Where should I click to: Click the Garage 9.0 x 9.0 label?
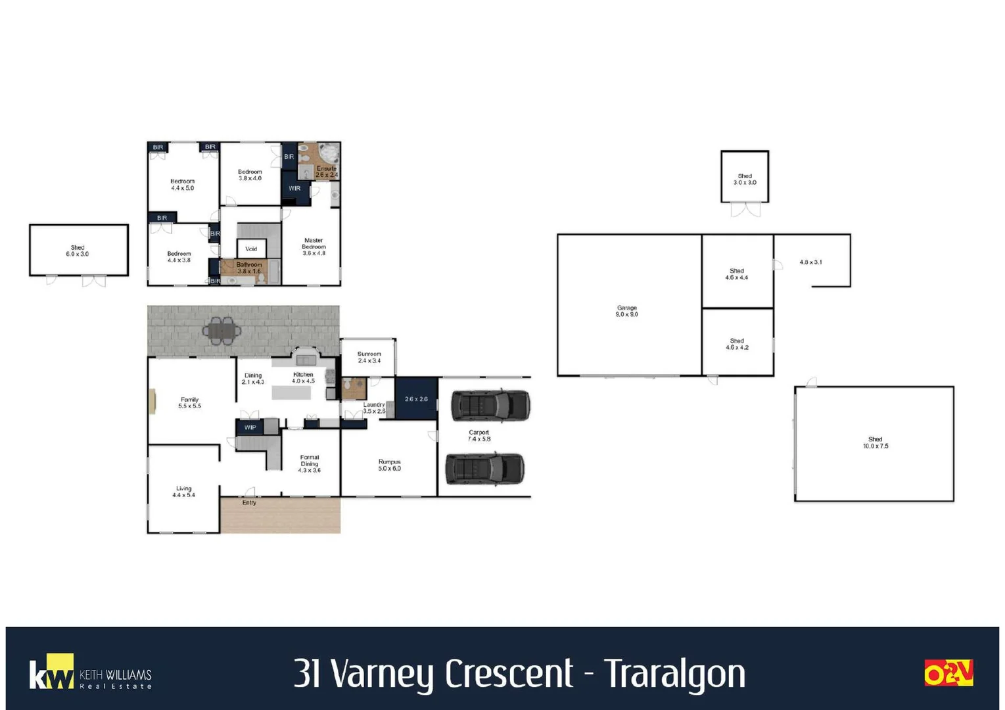pos(626,311)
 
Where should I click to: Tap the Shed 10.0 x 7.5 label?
pos(875,442)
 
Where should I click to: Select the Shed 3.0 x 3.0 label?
pos(745,179)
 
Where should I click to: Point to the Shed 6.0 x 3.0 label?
pos(78,250)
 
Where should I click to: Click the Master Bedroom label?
pos(314,247)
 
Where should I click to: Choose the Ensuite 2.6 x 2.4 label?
pos(326,172)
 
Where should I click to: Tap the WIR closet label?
pos(294,189)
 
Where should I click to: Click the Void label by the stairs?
pos(251,249)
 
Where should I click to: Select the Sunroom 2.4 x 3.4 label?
pos(369,357)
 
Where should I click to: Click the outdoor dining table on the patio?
pos(222,330)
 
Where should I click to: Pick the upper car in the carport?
pos(490,405)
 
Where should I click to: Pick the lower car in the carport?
pos(485,469)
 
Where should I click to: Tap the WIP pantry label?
pos(250,427)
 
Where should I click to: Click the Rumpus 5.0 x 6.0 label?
pos(389,465)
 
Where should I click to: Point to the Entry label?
pos(249,503)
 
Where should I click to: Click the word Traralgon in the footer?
pos(674,674)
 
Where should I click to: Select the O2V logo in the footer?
pos(948,673)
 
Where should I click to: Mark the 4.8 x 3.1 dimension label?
pos(810,262)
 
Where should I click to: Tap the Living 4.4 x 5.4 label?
pos(183,492)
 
